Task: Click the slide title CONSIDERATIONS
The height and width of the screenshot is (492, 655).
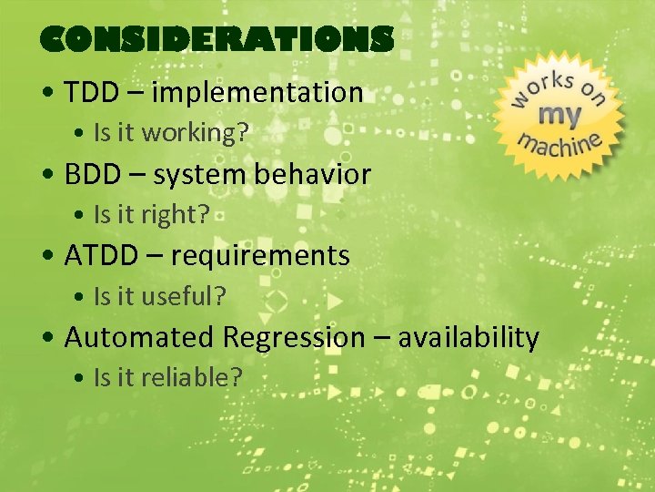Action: coord(217,39)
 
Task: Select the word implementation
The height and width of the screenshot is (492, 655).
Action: coord(257,93)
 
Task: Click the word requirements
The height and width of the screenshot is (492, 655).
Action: coord(260,257)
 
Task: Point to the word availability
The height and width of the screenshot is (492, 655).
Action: coord(469,338)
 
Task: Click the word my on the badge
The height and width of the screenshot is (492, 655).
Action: coord(560,115)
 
